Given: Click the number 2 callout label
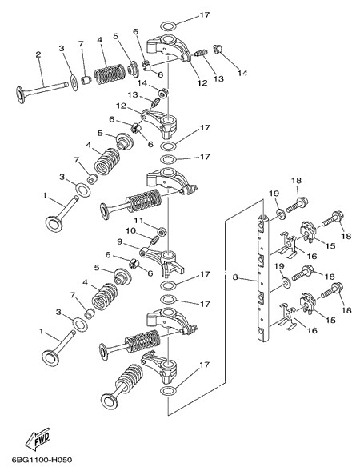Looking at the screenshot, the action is click(x=38, y=55).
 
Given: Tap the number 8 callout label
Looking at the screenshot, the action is click(x=235, y=277).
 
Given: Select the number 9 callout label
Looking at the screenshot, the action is click(x=119, y=241).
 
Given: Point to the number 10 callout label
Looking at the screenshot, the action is click(x=130, y=231).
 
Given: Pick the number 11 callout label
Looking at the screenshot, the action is click(x=138, y=221).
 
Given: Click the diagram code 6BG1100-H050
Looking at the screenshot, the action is click(x=42, y=460).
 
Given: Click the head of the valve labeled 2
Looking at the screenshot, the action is click(x=21, y=95).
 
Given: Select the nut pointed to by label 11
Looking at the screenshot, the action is click(x=162, y=231).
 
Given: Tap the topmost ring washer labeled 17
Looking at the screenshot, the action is click(x=168, y=26).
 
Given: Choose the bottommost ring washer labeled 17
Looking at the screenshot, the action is click(x=168, y=390).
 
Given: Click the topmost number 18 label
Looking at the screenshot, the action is click(x=297, y=181).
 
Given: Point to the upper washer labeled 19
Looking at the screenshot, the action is click(x=281, y=215).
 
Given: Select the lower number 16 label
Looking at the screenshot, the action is click(x=312, y=330).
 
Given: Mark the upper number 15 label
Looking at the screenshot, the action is click(x=330, y=246).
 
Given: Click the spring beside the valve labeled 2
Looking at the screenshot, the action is click(x=110, y=74).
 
